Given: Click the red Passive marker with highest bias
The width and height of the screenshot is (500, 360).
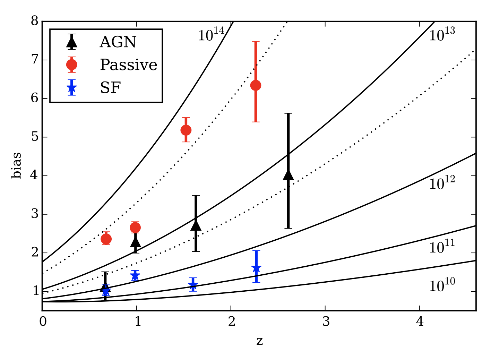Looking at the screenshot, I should [256, 85].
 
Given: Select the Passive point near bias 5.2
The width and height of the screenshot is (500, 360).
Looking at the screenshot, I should [186, 130].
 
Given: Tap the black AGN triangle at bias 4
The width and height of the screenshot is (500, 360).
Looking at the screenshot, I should [288, 175].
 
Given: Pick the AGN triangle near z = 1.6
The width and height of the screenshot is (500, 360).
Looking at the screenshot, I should [196, 226].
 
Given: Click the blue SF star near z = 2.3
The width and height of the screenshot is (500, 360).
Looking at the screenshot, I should [256, 268].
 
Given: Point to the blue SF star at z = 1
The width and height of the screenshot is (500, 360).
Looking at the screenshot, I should [135, 276].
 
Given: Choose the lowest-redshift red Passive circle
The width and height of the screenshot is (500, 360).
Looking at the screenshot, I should [106, 239].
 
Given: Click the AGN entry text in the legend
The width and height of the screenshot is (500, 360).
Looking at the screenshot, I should [118, 42].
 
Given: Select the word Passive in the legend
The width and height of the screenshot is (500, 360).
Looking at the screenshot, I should [129, 65].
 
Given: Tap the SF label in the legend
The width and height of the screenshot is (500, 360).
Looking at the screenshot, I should [110, 88].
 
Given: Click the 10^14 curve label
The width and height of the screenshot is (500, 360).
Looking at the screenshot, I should [211, 35].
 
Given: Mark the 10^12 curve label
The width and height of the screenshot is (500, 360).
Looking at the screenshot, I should [442, 183].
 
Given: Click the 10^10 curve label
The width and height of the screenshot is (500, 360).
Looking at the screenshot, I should [442, 285].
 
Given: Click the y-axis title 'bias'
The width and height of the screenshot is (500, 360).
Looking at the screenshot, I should [16, 166].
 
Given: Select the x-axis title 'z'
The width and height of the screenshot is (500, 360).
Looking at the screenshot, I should [259, 341].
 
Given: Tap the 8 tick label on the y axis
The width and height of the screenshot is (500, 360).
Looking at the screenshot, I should [35, 21].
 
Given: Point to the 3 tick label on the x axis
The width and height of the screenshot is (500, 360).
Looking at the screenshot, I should [326, 322].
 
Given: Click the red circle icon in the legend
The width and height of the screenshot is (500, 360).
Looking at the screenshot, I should [72, 65].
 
